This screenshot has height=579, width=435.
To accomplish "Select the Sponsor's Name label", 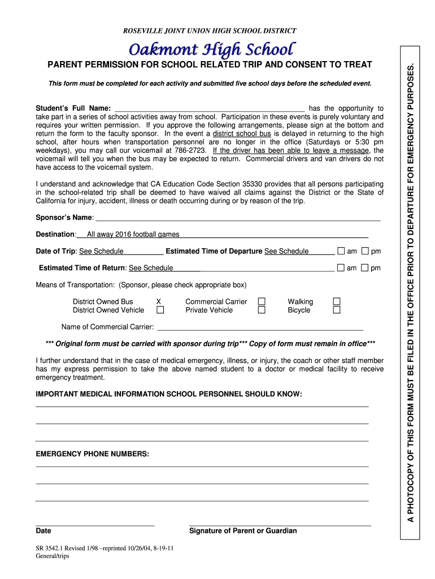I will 64,218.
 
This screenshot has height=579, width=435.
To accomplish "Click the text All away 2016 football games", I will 133,234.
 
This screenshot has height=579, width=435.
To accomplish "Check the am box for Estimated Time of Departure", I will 341,251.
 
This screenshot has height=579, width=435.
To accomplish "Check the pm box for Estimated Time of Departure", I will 365,251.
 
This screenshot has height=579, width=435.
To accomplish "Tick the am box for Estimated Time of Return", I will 341,267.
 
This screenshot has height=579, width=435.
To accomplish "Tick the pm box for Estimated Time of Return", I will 365,267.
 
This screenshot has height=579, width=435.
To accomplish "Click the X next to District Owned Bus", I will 159,302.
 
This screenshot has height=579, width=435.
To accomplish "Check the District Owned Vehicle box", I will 160,310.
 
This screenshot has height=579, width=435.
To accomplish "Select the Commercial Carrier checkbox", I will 262,301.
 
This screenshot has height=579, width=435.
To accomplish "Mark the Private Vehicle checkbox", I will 262,310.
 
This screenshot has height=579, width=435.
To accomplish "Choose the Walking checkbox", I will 337,301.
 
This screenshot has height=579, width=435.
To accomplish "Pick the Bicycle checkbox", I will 337,310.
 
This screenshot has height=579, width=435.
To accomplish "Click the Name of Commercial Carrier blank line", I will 260,327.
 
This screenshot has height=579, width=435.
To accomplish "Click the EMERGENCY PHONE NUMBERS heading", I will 93,454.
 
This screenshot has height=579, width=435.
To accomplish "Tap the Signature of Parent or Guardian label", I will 243,531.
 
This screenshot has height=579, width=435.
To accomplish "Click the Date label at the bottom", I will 43,531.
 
